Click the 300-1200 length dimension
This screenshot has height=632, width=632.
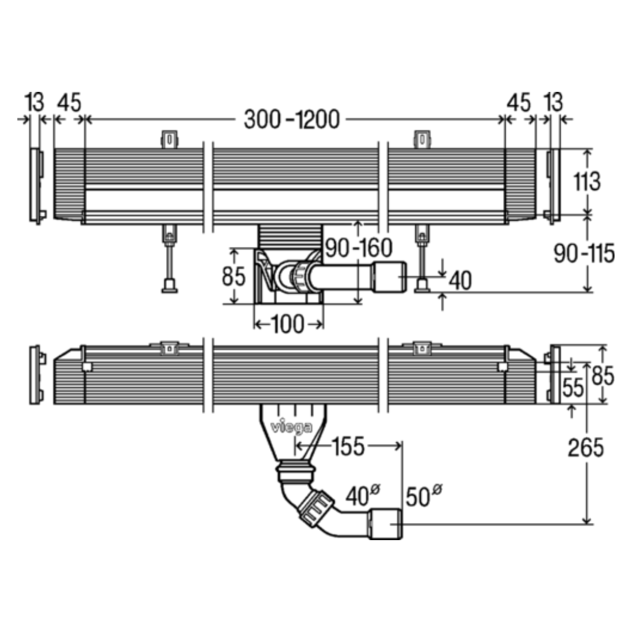click(292, 120)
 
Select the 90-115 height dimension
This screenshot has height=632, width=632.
click(584, 253)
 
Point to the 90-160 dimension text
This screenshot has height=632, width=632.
click(359, 248)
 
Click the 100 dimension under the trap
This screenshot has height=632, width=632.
click(288, 324)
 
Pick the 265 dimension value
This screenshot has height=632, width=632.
click(586, 448)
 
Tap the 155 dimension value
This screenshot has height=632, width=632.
click(349, 446)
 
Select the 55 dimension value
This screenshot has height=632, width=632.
click(573, 387)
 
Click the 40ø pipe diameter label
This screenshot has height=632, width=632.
click(363, 495)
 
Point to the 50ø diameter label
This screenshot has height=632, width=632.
click(424, 496)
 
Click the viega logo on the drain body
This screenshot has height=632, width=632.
click(291, 427)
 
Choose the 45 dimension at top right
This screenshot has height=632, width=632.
click(518, 103)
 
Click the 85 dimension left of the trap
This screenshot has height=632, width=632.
click(233, 276)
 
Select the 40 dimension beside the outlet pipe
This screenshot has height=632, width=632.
click(460, 280)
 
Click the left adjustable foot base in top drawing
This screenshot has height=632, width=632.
click(170, 286)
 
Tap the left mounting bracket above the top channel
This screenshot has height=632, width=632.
click(170, 139)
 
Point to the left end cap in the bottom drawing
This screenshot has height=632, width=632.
click(37, 375)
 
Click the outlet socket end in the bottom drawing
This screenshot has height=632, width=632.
click(386, 524)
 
